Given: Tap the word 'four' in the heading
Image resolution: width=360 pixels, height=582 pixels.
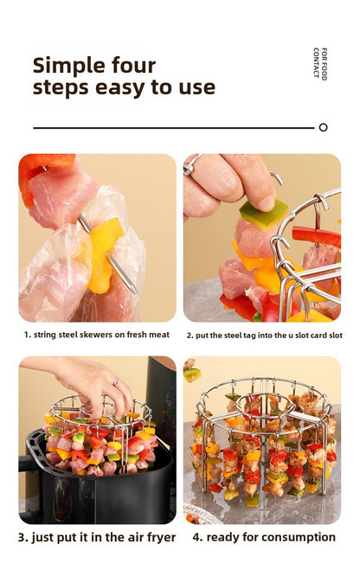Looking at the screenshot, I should tap(133, 66).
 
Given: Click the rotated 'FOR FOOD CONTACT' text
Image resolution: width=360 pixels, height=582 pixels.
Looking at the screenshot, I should tap(319, 64).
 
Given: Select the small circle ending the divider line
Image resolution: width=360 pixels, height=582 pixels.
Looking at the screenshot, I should tap(323, 127).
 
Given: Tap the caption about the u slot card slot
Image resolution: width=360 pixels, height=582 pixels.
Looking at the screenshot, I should tap(264, 334).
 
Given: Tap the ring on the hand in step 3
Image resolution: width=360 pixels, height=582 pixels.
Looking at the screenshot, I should tap(114, 381).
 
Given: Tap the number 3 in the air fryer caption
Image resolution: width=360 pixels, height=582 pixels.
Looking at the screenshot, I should tap(22, 537).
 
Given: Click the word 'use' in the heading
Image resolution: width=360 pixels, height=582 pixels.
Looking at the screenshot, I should tap(196, 87).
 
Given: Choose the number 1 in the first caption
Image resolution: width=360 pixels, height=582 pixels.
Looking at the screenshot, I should tap(27, 334).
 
